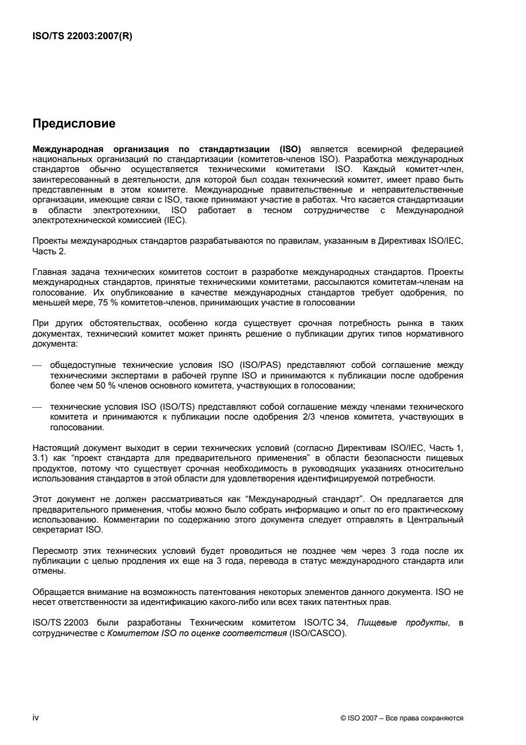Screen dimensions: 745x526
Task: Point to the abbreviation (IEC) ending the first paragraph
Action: (176, 220)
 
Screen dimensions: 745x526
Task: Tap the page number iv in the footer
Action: (36, 718)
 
